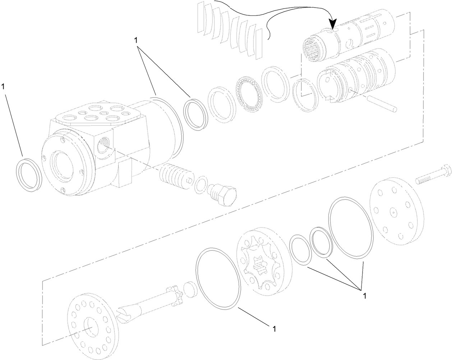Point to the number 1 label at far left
pos(3,87)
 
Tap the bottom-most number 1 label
pos(275,328)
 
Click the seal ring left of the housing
pos(29,172)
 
